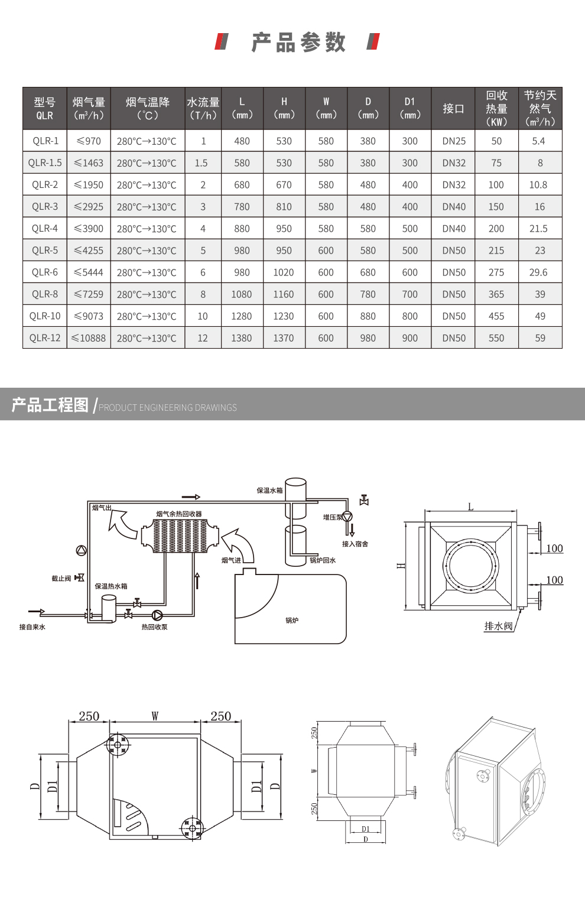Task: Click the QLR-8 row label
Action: click(x=45, y=294)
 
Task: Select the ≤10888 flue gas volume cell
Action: click(x=89, y=338)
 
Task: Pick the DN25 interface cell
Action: click(x=454, y=141)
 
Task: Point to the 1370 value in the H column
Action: click(x=284, y=338)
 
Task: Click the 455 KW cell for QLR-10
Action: click(x=496, y=316)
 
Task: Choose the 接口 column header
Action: click(x=454, y=109)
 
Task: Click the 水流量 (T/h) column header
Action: click(x=203, y=109)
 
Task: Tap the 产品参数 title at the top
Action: click(x=298, y=43)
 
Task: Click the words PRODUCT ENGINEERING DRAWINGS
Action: click(x=168, y=408)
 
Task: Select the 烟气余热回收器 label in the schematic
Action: click(x=179, y=514)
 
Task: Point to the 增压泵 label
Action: click(x=332, y=517)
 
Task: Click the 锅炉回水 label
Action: click(x=323, y=560)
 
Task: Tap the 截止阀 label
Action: click(x=61, y=579)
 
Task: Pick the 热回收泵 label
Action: click(x=154, y=627)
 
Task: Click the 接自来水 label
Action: click(x=32, y=627)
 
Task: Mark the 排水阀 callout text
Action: click(x=498, y=626)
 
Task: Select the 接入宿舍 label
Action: click(x=355, y=544)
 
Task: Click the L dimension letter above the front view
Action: click(x=471, y=507)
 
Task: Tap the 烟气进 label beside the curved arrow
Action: click(x=231, y=560)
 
